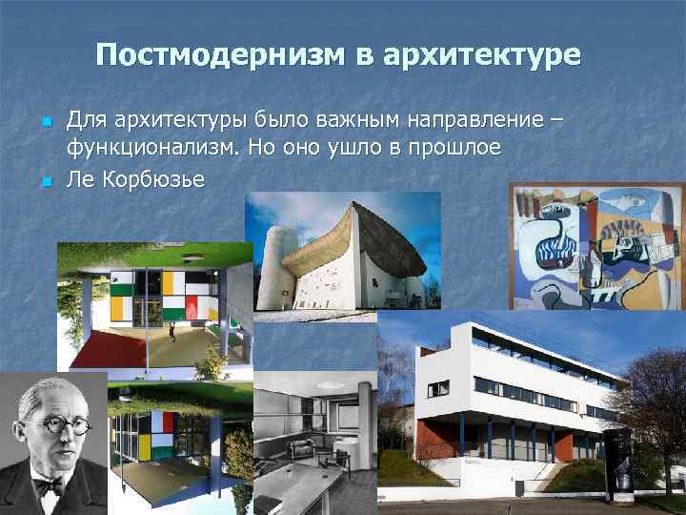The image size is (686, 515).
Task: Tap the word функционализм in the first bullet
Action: [153, 149]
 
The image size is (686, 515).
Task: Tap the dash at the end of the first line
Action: [556, 122]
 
